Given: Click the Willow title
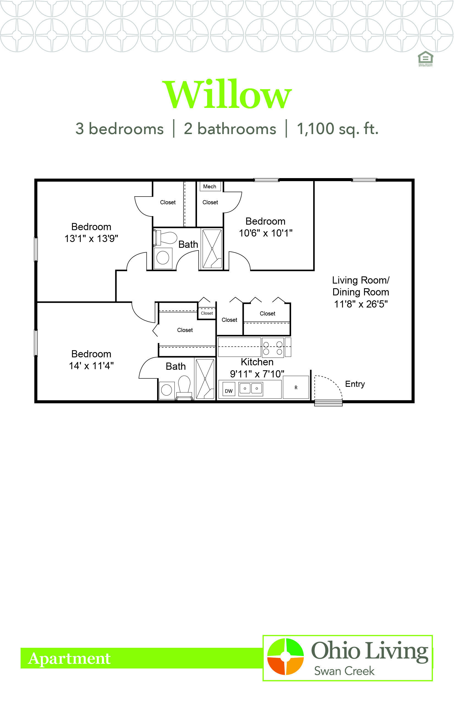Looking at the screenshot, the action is [227, 94].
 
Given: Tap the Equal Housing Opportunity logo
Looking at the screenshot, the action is [425, 59].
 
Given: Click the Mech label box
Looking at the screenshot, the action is [210, 186].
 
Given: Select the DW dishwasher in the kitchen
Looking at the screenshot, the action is [229, 389].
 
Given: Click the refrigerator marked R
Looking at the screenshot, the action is [296, 387].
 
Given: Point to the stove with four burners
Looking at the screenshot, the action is [273, 348].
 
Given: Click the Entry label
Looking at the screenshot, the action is [355, 384].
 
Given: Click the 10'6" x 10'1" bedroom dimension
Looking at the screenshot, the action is [266, 233].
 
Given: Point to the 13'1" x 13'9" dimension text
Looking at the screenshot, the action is [91, 238].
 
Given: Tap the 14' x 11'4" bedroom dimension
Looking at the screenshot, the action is [91, 366].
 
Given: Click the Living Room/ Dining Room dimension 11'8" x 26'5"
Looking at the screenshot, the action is [361, 304].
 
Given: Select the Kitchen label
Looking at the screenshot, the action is [257, 362].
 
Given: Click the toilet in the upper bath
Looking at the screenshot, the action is [165, 238].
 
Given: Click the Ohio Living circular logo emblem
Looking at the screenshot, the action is [285, 656].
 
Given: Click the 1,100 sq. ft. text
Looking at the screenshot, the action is [338, 129].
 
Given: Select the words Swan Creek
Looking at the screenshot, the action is [344, 671].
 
